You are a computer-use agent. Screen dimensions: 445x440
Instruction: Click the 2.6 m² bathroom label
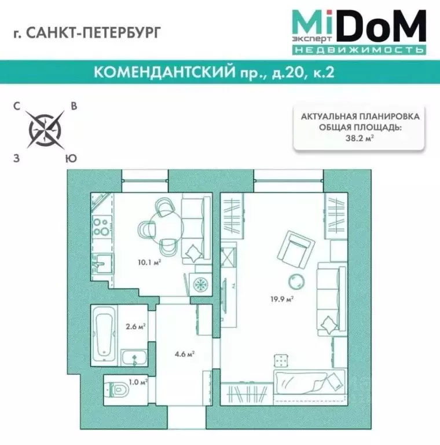click(x=135, y=326)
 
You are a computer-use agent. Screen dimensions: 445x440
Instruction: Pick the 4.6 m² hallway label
click(x=185, y=353)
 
